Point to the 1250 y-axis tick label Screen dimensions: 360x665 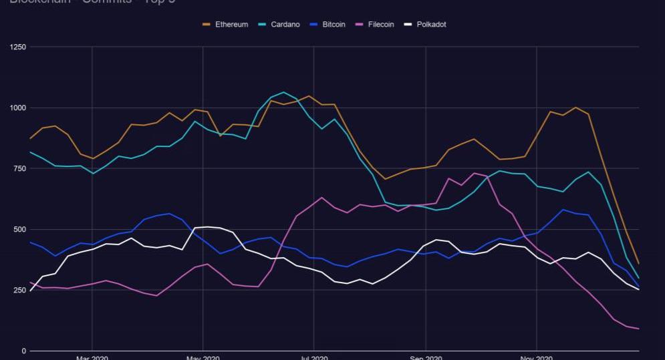point(18,47)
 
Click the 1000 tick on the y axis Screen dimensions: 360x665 point(18,108)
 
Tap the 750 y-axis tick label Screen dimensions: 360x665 point(20,168)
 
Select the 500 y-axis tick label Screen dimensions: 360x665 point(20,229)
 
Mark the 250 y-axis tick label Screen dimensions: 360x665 point(20,290)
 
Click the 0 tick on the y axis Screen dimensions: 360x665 point(24,351)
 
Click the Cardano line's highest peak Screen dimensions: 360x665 point(283,92)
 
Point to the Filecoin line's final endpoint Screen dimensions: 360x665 point(639,329)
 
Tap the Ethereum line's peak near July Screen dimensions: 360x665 point(309,96)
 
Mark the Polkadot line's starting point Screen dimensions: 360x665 point(30,291)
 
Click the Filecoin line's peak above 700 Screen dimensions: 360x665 point(475,174)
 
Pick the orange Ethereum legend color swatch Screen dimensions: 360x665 point(207,25)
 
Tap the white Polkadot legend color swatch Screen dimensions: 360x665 point(408,25)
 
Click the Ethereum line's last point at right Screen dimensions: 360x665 point(639,264)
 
